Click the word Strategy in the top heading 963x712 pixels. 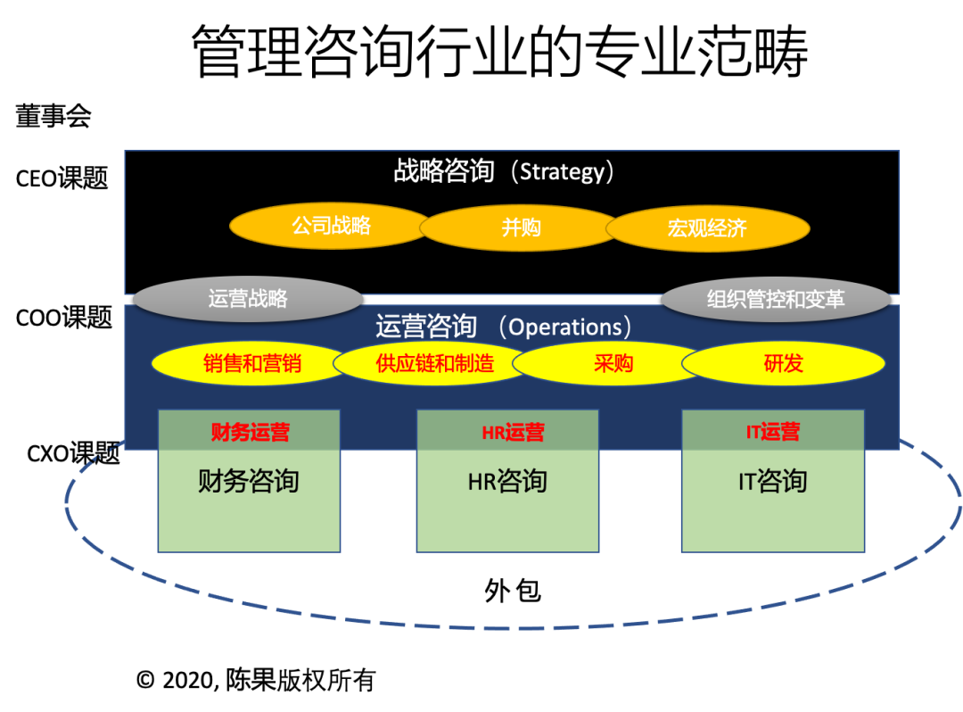tap(561, 171)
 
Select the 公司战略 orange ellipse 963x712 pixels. tap(331, 226)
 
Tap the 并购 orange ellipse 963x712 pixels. tap(521, 228)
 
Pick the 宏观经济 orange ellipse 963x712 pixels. tap(707, 228)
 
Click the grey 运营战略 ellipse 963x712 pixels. tap(248, 299)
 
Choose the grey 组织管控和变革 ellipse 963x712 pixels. tap(776, 300)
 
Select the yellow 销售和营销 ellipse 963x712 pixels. tap(252, 363)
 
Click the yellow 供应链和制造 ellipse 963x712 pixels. tap(435, 363)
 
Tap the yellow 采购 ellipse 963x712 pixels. tap(613, 363)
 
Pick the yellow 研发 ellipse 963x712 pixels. tap(784, 363)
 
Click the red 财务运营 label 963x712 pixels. tap(250, 434)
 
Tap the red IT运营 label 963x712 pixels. tap(773, 433)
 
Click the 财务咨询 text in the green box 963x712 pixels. tap(249, 482)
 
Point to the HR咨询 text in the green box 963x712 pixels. tap(507, 482)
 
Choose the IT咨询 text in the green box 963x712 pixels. tap(772, 482)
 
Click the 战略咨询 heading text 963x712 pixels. tap(444, 170)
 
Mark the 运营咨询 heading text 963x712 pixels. tap(426, 327)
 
